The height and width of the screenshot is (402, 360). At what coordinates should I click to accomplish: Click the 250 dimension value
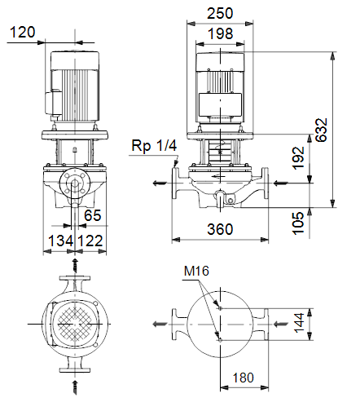pyautogui.click(x=220, y=13)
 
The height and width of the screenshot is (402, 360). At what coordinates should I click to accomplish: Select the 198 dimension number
pyautogui.click(x=220, y=33)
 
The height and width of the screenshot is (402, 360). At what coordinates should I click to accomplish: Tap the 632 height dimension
pyautogui.click(x=322, y=130)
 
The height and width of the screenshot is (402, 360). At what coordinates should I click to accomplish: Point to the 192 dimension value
pyautogui.click(x=298, y=158)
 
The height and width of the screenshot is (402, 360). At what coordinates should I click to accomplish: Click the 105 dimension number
pyautogui.click(x=298, y=223)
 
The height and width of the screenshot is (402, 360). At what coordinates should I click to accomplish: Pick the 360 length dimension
pyautogui.click(x=220, y=229)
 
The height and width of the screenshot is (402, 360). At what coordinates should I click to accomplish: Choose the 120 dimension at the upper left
pyautogui.click(x=23, y=32)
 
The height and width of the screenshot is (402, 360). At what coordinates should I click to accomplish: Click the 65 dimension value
pyautogui.click(x=92, y=215)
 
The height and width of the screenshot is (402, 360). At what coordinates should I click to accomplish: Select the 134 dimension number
pyautogui.click(x=61, y=241)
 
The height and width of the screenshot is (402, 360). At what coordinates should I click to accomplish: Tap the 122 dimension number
pyautogui.click(x=90, y=241)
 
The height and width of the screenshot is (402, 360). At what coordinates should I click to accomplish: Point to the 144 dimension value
pyautogui.click(x=300, y=323)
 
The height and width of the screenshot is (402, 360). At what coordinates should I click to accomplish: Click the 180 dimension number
pyautogui.click(x=244, y=378)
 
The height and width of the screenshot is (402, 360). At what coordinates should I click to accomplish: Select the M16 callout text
pyautogui.click(x=196, y=271)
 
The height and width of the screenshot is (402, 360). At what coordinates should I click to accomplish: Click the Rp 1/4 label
pyautogui.click(x=154, y=145)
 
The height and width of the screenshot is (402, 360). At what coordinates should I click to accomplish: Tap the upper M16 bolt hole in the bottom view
pyautogui.click(x=220, y=308)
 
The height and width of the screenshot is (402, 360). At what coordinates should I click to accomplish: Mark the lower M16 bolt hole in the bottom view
pyautogui.click(x=220, y=340)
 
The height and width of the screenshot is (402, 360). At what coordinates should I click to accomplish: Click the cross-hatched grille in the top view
pyautogui.click(x=75, y=324)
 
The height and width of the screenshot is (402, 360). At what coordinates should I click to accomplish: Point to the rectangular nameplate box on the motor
pyautogui.click(x=220, y=105)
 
